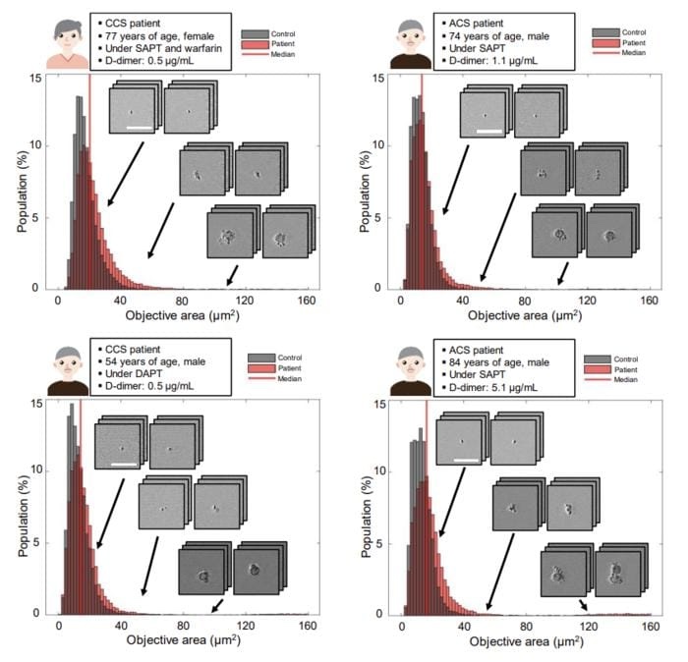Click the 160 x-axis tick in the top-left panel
(307, 301)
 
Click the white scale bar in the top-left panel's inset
(141, 127)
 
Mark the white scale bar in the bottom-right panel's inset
(466, 459)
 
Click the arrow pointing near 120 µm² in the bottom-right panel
(583, 605)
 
